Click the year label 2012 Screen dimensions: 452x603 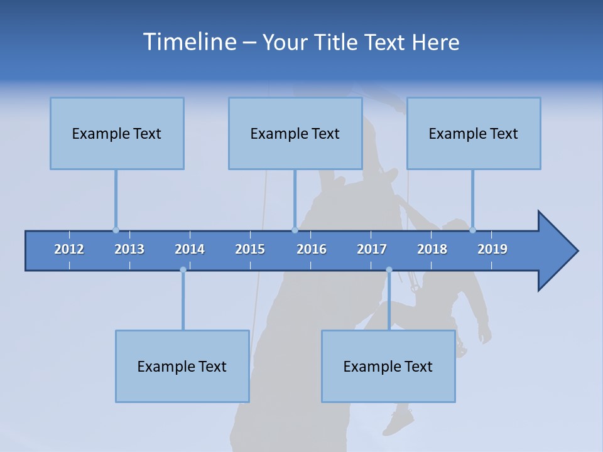[69, 249]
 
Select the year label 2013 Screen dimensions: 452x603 [129, 249]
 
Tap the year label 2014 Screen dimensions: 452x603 [190, 249]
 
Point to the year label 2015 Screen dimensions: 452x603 [250, 249]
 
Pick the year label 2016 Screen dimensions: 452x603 [312, 249]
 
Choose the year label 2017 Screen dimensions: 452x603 [372, 249]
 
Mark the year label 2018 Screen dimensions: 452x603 [432, 249]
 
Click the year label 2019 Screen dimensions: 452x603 [492, 249]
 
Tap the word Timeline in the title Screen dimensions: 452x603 [189, 42]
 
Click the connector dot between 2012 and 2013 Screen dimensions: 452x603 [116, 230]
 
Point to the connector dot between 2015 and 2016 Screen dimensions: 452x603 [295, 230]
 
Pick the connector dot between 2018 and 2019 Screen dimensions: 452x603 [472, 230]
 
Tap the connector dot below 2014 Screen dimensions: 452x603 [183, 270]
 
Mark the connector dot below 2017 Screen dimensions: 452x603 [389, 270]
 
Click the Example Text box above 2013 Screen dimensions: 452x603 [117, 133]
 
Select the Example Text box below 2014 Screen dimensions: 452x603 [182, 366]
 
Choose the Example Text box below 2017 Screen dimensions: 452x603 [388, 366]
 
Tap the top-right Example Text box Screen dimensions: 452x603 [474, 133]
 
